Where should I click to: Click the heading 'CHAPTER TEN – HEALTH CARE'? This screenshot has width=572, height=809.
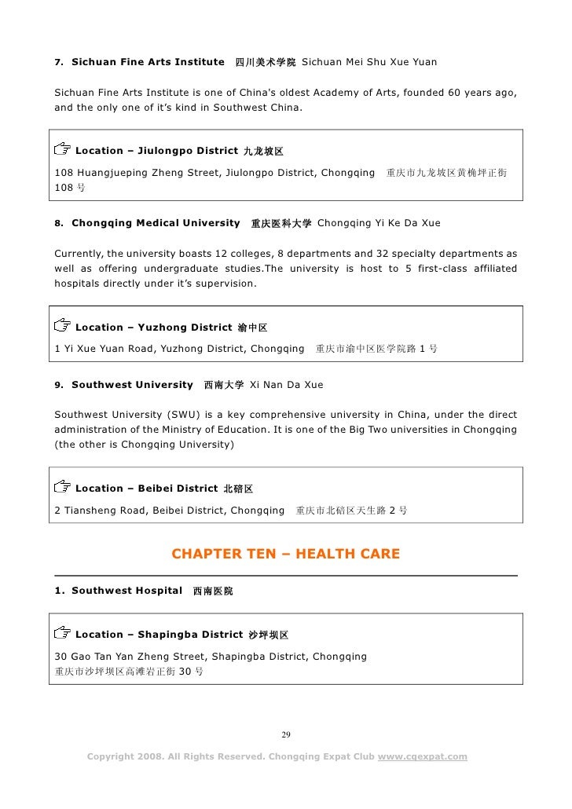285,555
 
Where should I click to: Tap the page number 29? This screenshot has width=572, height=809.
286,735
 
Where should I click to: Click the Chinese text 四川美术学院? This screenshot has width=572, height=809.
266,62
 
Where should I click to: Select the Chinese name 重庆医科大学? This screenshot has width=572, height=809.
280,224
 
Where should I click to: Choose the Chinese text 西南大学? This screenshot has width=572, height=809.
223,386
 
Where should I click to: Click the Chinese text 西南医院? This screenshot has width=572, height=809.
213,590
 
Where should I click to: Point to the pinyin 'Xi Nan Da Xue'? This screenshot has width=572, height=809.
286,386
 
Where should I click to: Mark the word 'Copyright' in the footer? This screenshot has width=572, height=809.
114,756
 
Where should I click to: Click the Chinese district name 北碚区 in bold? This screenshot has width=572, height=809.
238,489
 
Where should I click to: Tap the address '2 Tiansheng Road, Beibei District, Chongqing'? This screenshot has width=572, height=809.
169,510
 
